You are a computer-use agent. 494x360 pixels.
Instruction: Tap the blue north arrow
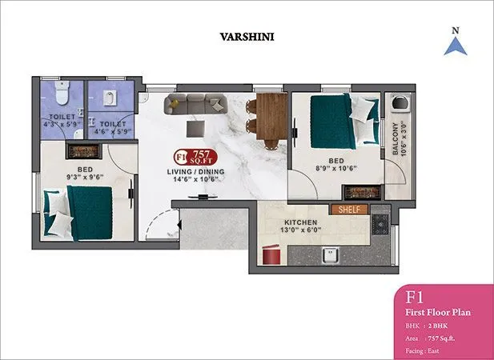(455, 45)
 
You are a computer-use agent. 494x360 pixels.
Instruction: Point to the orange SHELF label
(348, 210)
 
